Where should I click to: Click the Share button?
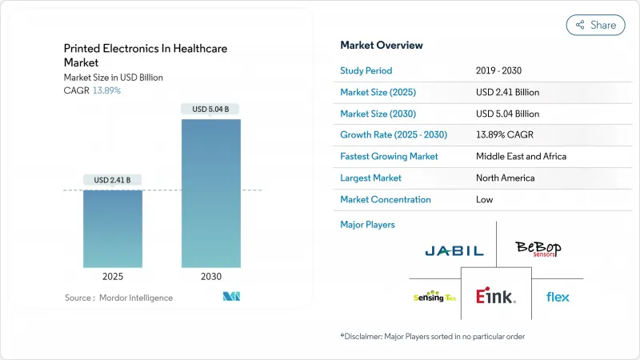(596, 25)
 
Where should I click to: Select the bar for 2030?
(210, 193)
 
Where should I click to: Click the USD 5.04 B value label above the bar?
(210, 109)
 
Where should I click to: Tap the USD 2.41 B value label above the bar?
(113, 179)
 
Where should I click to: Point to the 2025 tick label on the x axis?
(113, 277)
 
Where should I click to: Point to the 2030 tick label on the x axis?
(210, 277)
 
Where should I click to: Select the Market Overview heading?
(382, 45)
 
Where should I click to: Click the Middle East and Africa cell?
(521, 156)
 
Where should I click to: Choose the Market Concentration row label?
(385, 199)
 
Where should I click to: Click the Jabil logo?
(454, 250)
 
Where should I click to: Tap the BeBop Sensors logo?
(538, 249)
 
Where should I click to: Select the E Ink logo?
(496, 297)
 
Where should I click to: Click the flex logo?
(558, 297)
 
